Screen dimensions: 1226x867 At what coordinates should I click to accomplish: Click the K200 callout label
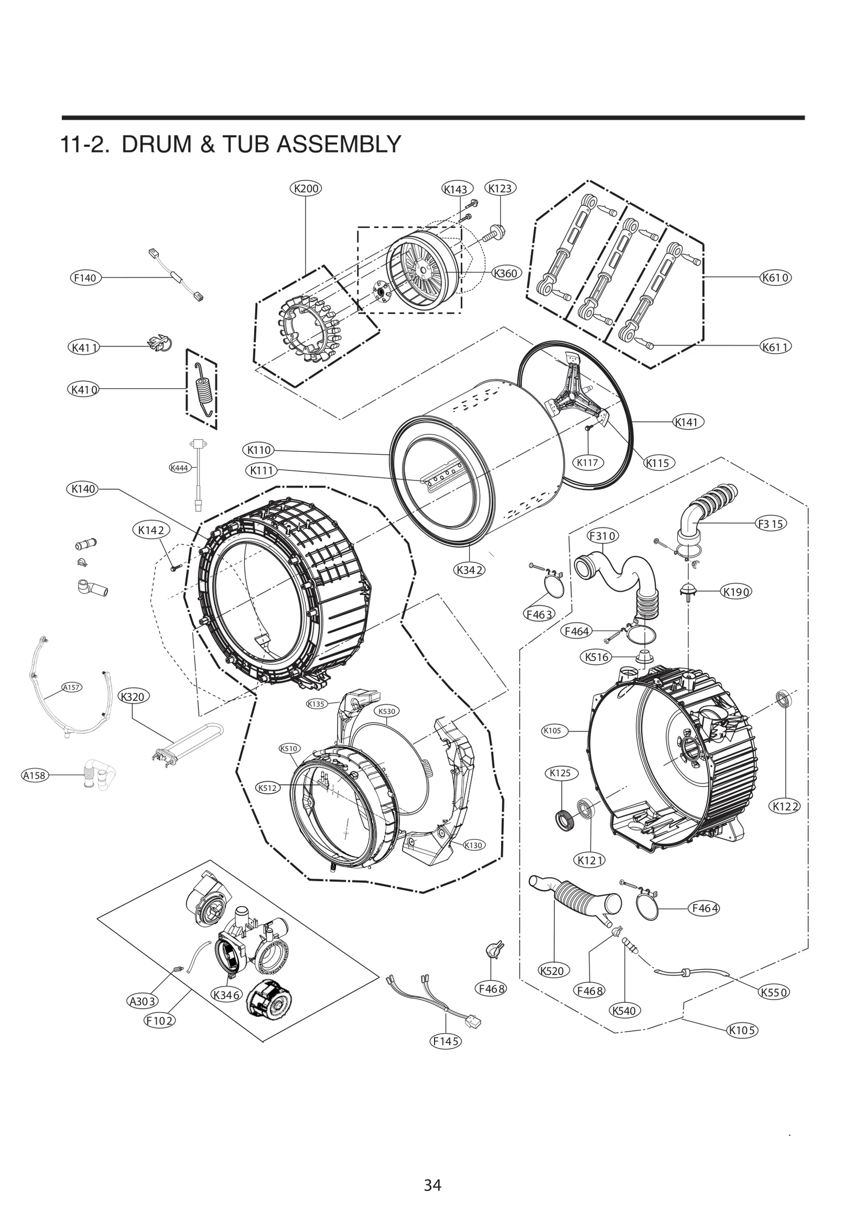306,189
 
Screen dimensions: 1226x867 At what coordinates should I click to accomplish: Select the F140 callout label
85,278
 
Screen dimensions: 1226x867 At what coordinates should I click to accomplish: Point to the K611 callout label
775,346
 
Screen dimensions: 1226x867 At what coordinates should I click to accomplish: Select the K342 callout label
469,569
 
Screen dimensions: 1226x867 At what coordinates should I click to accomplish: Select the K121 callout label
590,860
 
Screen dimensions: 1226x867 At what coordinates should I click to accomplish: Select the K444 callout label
179,468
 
